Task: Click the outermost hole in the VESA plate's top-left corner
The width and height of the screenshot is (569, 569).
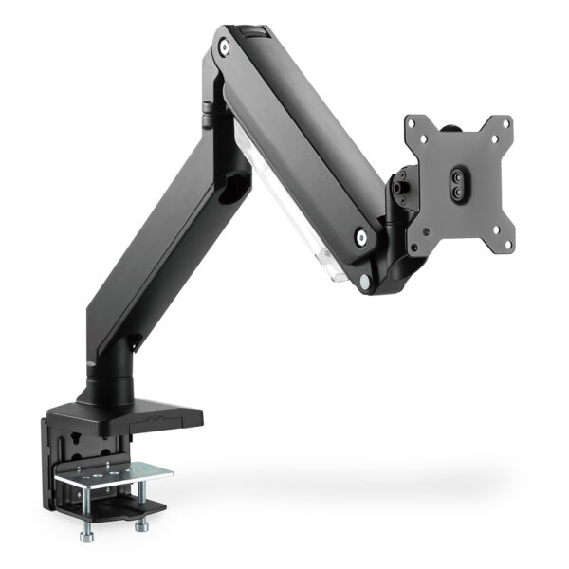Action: click(x=412, y=123)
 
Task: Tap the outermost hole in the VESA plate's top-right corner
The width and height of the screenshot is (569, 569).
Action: click(x=507, y=122)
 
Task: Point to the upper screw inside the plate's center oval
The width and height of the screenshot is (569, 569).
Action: click(x=459, y=175)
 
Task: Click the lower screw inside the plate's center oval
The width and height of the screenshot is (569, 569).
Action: click(x=459, y=190)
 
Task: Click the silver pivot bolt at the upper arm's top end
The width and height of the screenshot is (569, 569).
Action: click(x=223, y=45)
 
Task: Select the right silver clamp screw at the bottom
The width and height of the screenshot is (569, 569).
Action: click(x=141, y=523)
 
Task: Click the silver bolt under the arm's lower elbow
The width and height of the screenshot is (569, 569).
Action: click(x=365, y=282)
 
